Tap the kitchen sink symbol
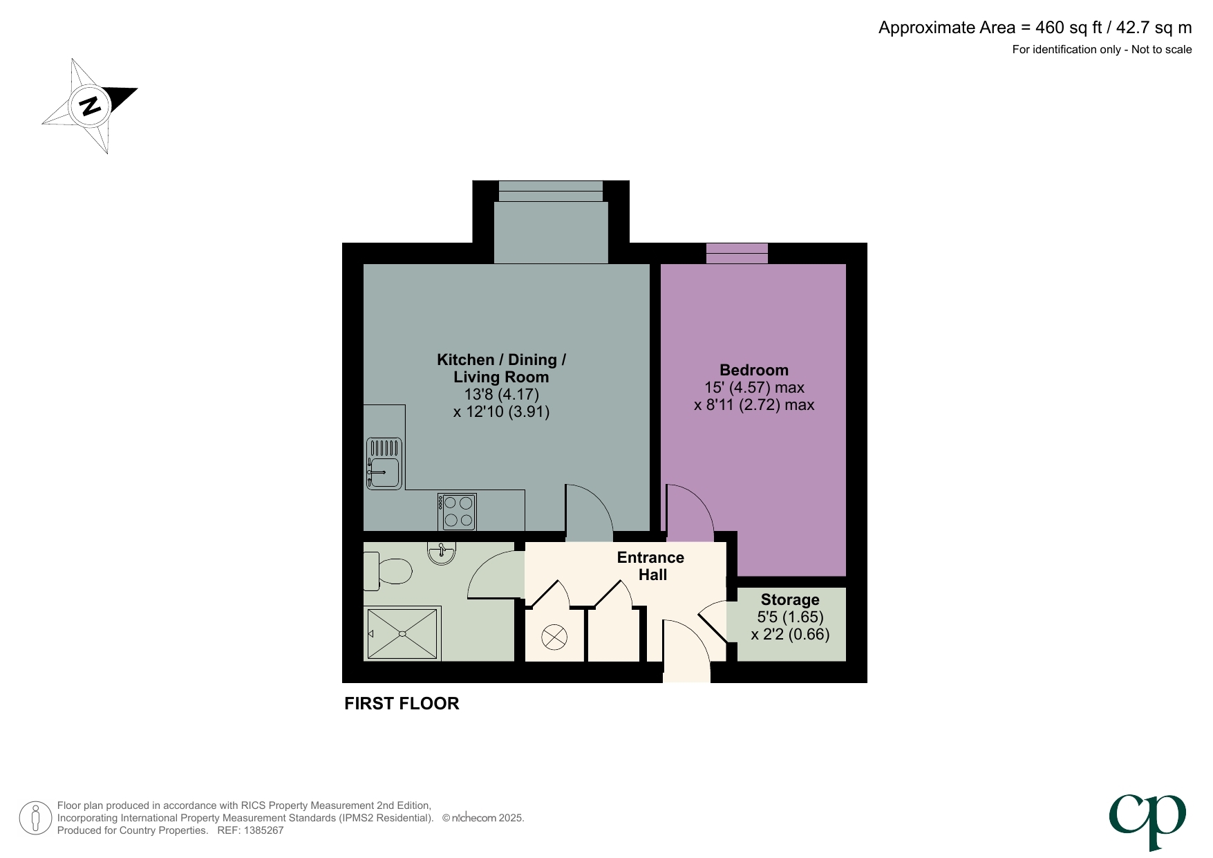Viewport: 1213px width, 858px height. [x=384, y=464]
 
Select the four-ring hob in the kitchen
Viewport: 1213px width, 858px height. [x=458, y=512]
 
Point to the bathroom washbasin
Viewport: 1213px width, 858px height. [x=442, y=553]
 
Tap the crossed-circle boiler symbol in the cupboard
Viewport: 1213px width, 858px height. [x=554, y=637]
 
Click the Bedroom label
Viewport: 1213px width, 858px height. [x=753, y=370]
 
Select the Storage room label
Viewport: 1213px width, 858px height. [x=790, y=599]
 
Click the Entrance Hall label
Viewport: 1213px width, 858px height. [x=650, y=566]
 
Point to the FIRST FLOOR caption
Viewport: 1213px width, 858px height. [x=402, y=703]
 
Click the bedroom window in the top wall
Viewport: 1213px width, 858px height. [x=737, y=253]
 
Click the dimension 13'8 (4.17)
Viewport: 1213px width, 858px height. [x=501, y=394]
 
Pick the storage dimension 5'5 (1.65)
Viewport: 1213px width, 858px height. [x=790, y=617]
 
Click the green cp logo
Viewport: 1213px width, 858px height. [x=1147, y=821]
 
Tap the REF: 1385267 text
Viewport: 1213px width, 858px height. [x=250, y=830]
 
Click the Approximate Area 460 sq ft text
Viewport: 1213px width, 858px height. [x=1035, y=28]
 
